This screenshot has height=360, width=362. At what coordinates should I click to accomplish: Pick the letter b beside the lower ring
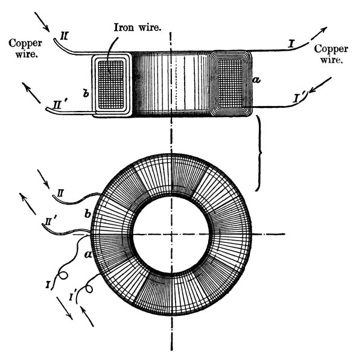89,214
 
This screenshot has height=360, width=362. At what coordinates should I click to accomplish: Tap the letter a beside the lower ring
88,255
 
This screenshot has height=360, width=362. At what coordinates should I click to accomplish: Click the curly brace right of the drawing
261,154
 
